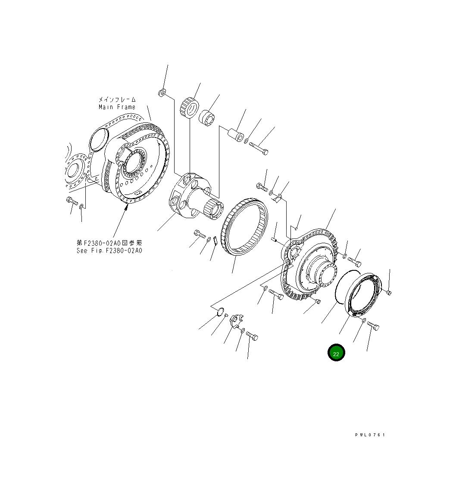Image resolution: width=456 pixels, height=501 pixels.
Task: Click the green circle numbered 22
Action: [x=336, y=353]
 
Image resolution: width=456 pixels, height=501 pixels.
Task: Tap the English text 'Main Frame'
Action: [x=117, y=107]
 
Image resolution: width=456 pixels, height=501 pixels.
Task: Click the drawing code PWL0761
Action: [x=370, y=435]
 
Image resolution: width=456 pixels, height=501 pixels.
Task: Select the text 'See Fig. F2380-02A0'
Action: [x=109, y=250]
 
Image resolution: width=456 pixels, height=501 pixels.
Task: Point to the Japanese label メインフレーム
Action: [x=117, y=99]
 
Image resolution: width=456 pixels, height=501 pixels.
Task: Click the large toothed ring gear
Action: [x=244, y=226]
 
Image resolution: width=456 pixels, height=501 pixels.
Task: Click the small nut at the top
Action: [x=162, y=93]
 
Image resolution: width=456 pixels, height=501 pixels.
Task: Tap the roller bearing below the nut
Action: [x=190, y=108]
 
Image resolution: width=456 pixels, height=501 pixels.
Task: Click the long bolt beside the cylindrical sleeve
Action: [x=258, y=149]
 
